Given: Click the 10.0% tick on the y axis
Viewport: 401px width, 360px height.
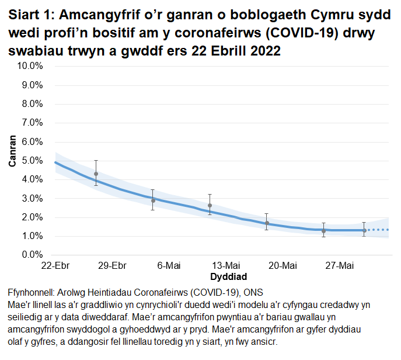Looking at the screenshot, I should point(33,66).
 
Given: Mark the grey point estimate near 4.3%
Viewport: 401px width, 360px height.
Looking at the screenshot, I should point(96,174).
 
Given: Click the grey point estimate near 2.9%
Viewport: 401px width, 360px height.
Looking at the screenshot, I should point(153,200).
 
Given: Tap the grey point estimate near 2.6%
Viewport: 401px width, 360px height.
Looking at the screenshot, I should point(210,206).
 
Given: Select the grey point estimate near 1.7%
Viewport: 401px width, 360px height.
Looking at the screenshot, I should point(267,223).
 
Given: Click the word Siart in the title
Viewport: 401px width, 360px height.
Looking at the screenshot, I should point(26,14).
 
